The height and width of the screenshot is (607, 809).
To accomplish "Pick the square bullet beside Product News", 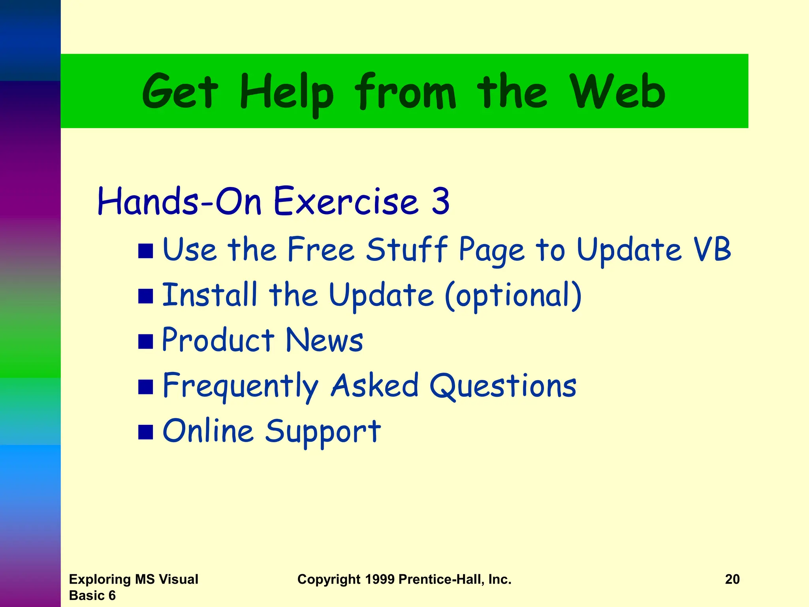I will coord(145,341).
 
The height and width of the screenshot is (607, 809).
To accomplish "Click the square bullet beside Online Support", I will coord(145,432).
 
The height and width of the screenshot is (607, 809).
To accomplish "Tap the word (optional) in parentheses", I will coord(513,296).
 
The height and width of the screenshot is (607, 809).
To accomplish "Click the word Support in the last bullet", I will coord(322,432).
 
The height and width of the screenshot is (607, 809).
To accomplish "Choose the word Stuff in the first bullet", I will coord(407,249).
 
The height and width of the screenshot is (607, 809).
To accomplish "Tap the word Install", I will coord(209,295).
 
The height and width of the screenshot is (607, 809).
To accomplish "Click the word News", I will coord(324,340).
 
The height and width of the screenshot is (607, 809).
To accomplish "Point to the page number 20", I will coord(732,579).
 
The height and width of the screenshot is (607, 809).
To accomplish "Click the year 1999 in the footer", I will coord(380,579).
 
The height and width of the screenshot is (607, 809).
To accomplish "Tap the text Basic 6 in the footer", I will coord(92,595).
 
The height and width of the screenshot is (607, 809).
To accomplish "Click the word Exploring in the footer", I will coord(100,579).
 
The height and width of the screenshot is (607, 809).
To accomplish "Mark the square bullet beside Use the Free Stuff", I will coord(145,251).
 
